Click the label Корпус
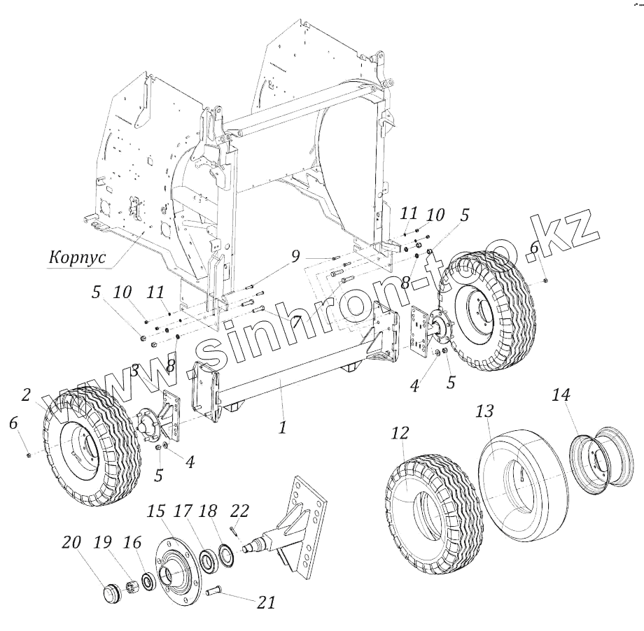[77, 257]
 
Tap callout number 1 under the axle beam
[282, 426]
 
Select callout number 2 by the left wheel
[26, 395]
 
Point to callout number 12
[399, 434]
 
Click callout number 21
[267, 602]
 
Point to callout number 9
[296, 257]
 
